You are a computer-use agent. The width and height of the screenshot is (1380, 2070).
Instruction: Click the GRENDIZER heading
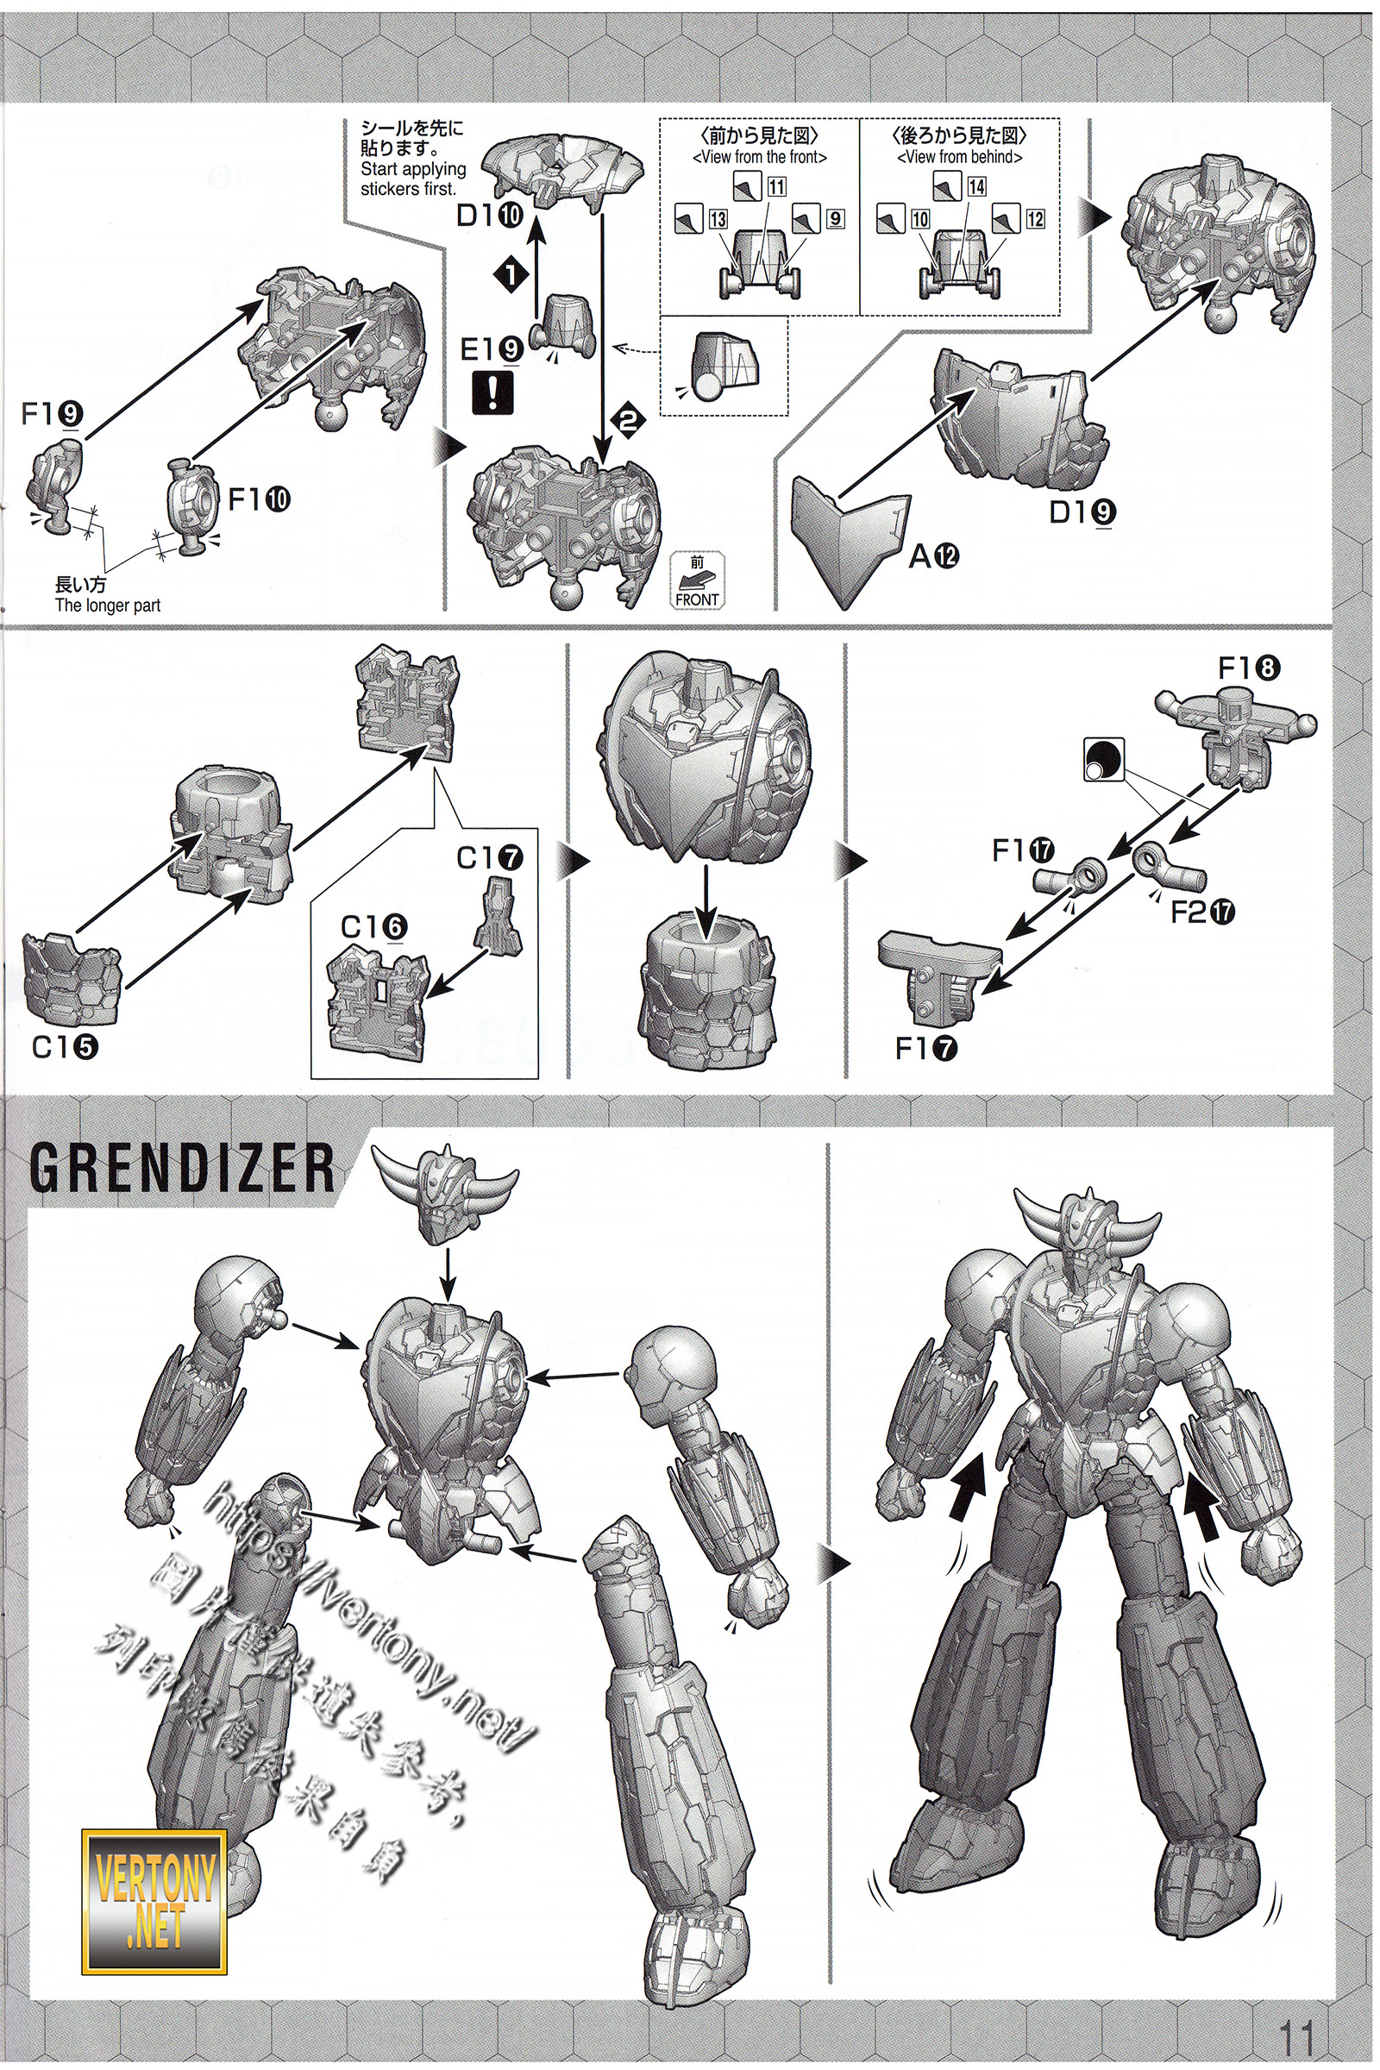[x=182, y=1167]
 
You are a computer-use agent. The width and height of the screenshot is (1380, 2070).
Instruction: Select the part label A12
[x=934, y=555]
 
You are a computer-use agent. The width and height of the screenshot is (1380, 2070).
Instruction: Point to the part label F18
[x=1249, y=668]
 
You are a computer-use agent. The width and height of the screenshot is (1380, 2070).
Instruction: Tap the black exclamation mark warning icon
[x=492, y=392]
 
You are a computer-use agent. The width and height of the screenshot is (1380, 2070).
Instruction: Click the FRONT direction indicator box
[x=697, y=581]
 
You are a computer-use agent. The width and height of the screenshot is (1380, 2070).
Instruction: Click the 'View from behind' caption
[x=959, y=157]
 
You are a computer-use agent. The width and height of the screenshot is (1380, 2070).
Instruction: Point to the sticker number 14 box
[x=976, y=185]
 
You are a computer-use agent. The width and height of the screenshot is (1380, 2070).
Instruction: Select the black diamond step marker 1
[x=511, y=274]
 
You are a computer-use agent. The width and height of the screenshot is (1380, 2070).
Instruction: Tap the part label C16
[x=374, y=925]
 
